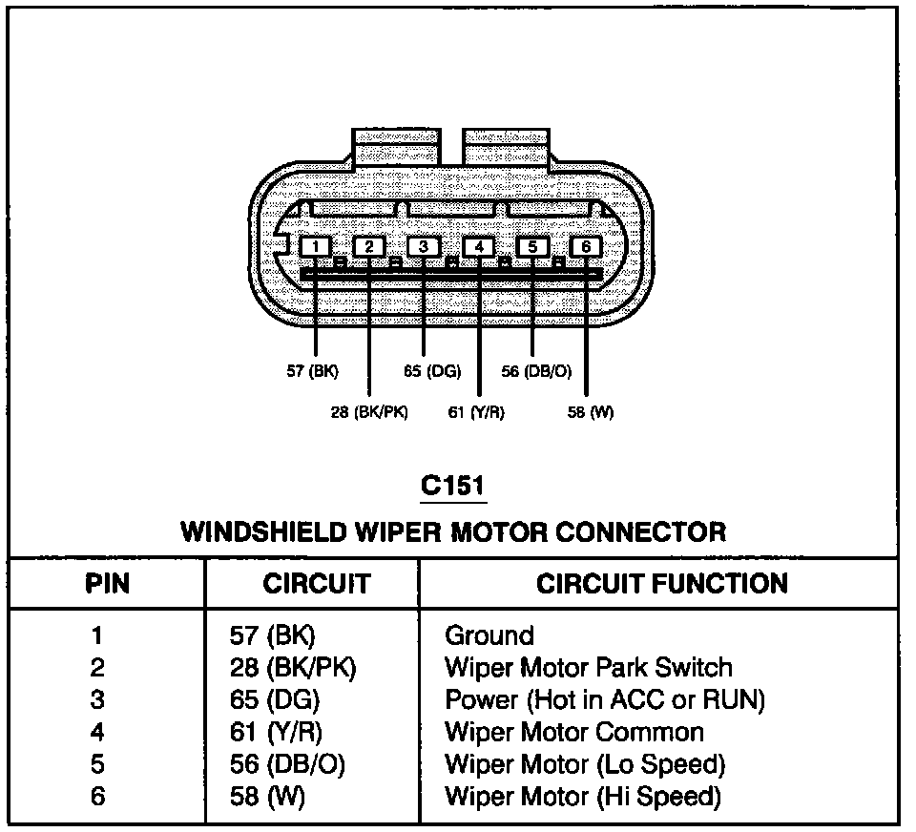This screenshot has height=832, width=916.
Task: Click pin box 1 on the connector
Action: tap(315, 246)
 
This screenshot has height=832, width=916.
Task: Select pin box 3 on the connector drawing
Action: tap(424, 246)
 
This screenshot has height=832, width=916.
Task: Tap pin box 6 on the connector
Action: tap(586, 246)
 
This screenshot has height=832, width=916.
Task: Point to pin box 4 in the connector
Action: tap(478, 246)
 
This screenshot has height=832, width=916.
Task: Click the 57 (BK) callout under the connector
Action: tap(313, 371)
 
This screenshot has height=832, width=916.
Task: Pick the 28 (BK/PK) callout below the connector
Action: tap(369, 412)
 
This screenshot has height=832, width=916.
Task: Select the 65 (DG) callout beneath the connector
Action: tap(432, 371)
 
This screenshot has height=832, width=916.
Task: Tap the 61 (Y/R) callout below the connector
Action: tap(476, 412)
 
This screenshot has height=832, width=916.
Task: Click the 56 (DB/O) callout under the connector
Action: tap(536, 371)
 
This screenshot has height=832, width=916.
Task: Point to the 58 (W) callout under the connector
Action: tap(591, 412)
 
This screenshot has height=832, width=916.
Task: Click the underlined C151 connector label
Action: tap(453, 486)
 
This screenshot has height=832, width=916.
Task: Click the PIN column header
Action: tap(108, 583)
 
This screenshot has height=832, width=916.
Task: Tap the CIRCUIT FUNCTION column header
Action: tap(662, 583)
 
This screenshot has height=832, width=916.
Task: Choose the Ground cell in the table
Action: tap(489, 635)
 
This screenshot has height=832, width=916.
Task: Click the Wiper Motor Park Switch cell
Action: tap(589, 667)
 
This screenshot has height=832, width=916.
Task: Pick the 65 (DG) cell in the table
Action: tap(275, 699)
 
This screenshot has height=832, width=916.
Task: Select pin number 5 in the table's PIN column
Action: tap(97, 764)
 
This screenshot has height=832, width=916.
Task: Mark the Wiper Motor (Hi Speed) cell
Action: tap(583, 797)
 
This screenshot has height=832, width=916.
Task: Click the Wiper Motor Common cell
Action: tap(574, 732)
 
